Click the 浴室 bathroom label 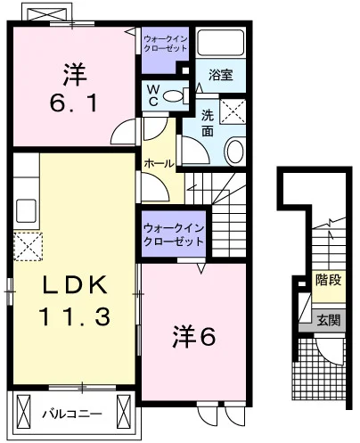click(x=220, y=75)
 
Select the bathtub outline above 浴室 click(x=220, y=43)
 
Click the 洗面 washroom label click(x=208, y=123)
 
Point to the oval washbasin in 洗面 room click(x=234, y=151)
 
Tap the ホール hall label click(x=159, y=163)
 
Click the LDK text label click(x=75, y=284)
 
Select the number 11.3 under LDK click(x=74, y=316)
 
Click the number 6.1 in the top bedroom click(x=73, y=103)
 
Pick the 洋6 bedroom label click(x=193, y=337)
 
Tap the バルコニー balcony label click(x=72, y=414)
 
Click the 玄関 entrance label click(x=328, y=321)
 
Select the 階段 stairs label click(x=328, y=280)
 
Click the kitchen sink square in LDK click(x=26, y=211)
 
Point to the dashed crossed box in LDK click(x=28, y=247)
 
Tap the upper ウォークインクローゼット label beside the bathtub click(x=166, y=44)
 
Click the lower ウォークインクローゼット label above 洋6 click(x=174, y=234)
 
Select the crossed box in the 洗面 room click(x=233, y=111)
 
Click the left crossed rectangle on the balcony click(x=24, y=411)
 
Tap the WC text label click(x=153, y=95)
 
